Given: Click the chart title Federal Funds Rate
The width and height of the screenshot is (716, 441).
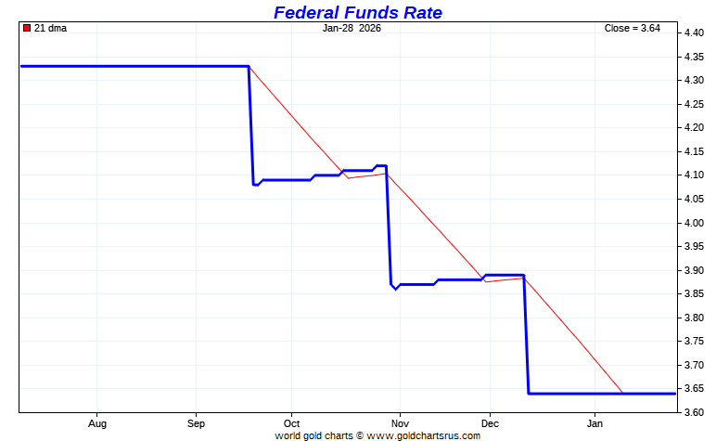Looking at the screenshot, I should (x=357, y=12).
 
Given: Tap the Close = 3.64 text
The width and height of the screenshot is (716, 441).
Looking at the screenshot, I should (x=632, y=28).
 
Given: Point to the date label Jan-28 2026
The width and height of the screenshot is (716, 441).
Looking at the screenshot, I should (x=352, y=28).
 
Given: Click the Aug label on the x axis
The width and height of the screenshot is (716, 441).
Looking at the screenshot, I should (x=96, y=423).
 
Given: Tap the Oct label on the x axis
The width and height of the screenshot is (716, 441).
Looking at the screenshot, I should (x=291, y=423).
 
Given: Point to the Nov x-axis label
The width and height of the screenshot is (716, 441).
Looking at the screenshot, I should (x=399, y=423).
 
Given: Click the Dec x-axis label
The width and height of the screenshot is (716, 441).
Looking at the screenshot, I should (x=489, y=423).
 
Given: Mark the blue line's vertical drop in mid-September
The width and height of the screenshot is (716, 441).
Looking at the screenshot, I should (x=251, y=125).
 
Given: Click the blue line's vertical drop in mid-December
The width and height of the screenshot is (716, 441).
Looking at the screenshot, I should (x=527, y=334).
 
